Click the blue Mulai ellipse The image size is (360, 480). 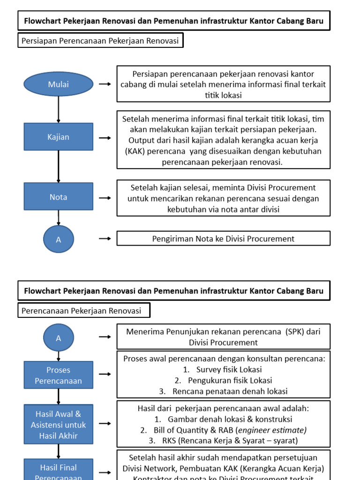[x=58, y=84]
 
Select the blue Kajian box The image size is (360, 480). [x=58, y=137]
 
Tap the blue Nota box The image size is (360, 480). [x=58, y=197]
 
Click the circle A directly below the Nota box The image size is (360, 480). [x=59, y=239]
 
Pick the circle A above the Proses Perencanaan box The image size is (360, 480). [x=59, y=338]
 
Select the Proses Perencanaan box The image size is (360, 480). [x=58, y=375]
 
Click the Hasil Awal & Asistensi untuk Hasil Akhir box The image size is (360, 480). [x=58, y=425]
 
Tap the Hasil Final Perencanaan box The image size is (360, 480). [x=58, y=471]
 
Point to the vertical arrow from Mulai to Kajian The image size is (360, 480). [x=58, y=110]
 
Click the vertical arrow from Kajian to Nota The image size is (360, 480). [x=58, y=166]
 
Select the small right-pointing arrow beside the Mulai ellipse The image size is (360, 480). [x=105, y=84]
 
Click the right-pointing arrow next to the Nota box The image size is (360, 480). [x=105, y=198]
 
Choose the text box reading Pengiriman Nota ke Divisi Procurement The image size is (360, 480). [x=223, y=239]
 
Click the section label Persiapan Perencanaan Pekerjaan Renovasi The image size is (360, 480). [x=100, y=41]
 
